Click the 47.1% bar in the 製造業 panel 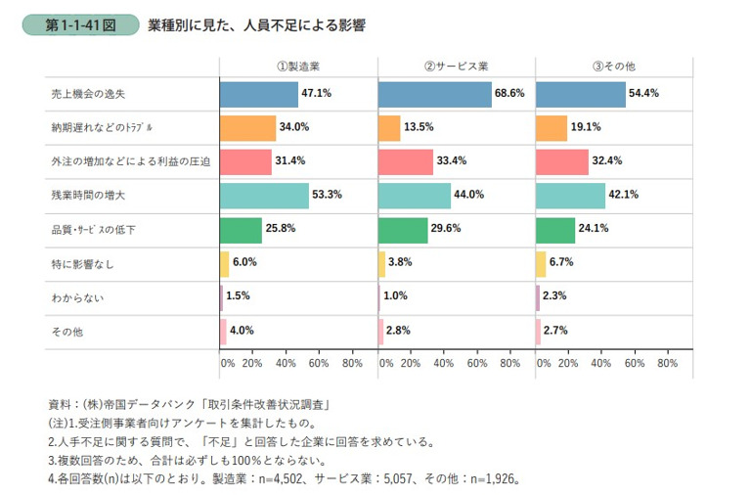258,94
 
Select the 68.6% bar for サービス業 434,94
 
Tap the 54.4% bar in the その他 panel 581,94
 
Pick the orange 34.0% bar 247,128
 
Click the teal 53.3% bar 264,196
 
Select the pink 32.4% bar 562,162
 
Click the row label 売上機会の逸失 91,94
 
